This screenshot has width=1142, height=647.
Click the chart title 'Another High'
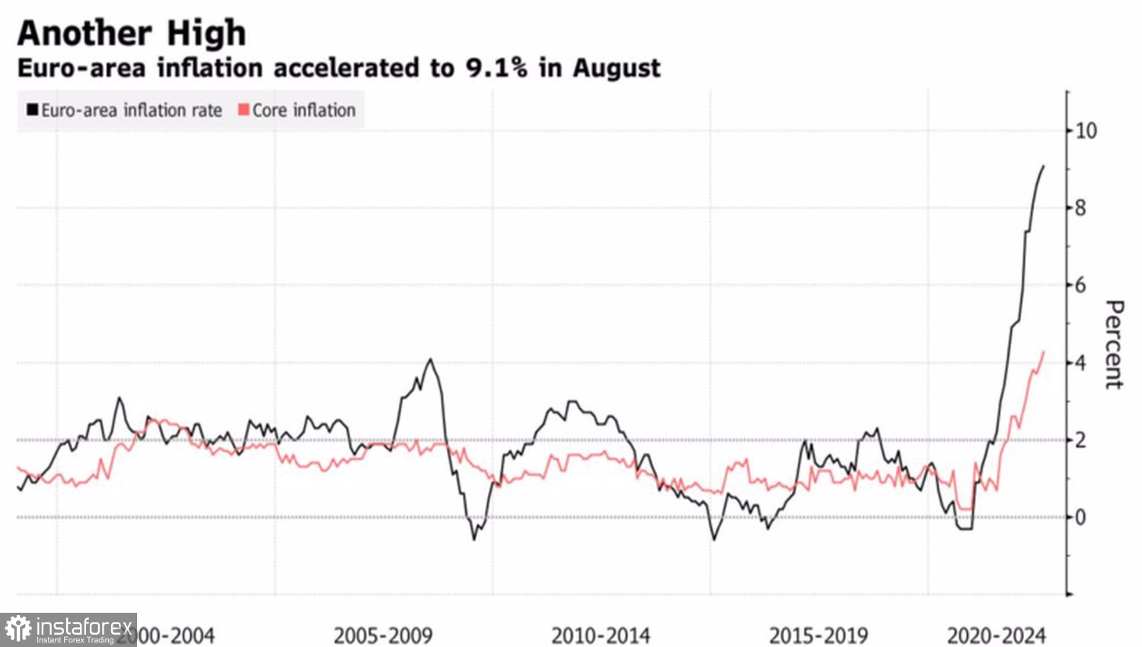click(x=132, y=33)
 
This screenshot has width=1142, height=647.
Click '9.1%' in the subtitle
click(x=496, y=68)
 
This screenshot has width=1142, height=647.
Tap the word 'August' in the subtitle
click(x=617, y=69)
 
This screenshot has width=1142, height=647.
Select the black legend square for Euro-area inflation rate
click(x=33, y=110)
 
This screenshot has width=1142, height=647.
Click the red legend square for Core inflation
click(x=244, y=110)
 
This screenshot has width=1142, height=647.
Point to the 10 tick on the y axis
click(x=1086, y=131)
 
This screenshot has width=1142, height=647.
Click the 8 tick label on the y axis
click(x=1080, y=208)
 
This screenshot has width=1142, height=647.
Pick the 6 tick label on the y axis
click(x=1080, y=285)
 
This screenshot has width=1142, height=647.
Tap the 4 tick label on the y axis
click(x=1080, y=363)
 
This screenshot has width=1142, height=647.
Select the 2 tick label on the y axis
click(x=1080, y=441)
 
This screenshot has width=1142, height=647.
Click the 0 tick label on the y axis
click(x=1080, y=518)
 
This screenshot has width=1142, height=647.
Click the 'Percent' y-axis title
click(x=1114, y=344)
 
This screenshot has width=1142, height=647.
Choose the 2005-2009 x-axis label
click(x=383, y=636)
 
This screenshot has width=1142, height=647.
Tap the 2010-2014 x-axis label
click(x=601, y=636)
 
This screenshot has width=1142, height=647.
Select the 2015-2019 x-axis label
click(x=818, y=636)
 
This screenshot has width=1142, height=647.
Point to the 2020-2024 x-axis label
click(x=996, y=636)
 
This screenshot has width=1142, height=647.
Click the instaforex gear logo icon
click(x=18, y=629)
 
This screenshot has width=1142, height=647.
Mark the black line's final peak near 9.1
click(x=1043, y=166)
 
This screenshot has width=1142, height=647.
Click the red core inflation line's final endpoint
click(x=1043, y=352)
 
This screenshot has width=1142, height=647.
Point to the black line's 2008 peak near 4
click(x=431, y=359)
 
